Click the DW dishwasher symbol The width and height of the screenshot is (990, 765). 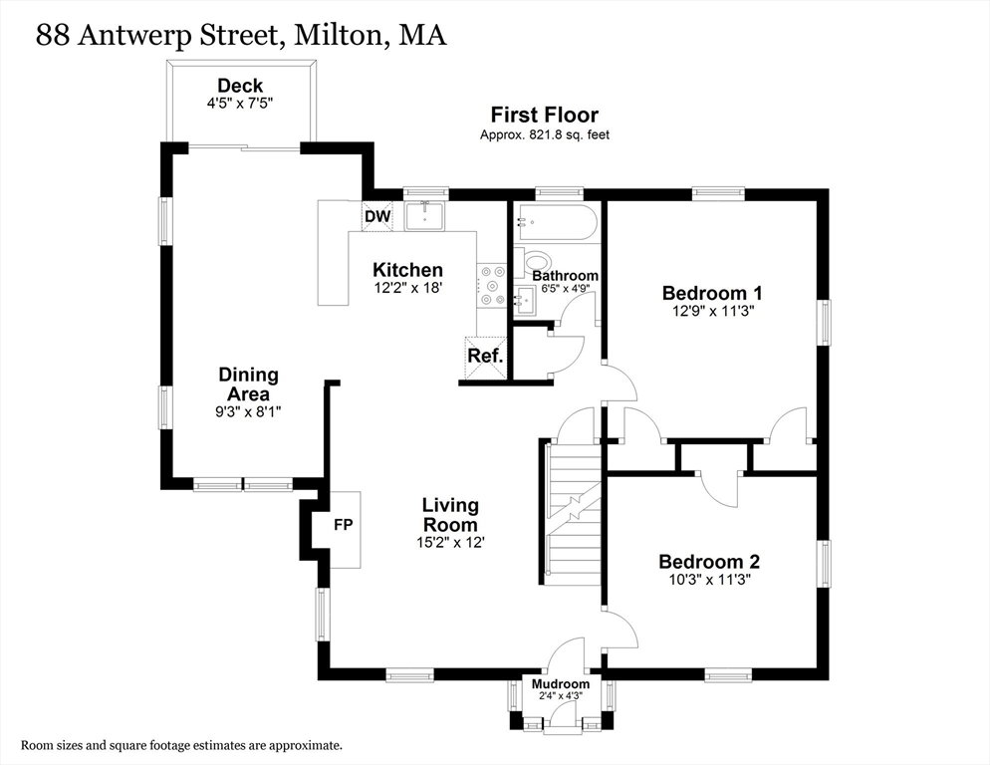point(377,216)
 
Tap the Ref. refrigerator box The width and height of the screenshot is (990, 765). point(485,358)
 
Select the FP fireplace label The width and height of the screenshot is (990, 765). point(344,524)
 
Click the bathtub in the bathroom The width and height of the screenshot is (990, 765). point(555,222)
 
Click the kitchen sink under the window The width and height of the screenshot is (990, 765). point(425,216)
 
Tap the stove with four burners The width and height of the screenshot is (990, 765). point(492,286)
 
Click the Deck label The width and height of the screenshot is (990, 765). point(240,86)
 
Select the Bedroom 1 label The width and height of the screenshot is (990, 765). point(712,293)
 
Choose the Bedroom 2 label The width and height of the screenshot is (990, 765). point(709,561)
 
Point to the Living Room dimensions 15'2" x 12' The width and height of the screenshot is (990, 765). point(450,542)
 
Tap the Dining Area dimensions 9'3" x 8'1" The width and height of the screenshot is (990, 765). point(248,411)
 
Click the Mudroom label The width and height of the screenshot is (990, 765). point(561,684)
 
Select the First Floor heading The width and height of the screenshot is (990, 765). point(545,115)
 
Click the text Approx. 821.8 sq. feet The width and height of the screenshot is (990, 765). point(545,134)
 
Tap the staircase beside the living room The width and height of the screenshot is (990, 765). point(573,512)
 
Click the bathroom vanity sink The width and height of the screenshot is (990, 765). point(526,300)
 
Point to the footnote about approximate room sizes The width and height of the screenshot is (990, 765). point(182,745)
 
